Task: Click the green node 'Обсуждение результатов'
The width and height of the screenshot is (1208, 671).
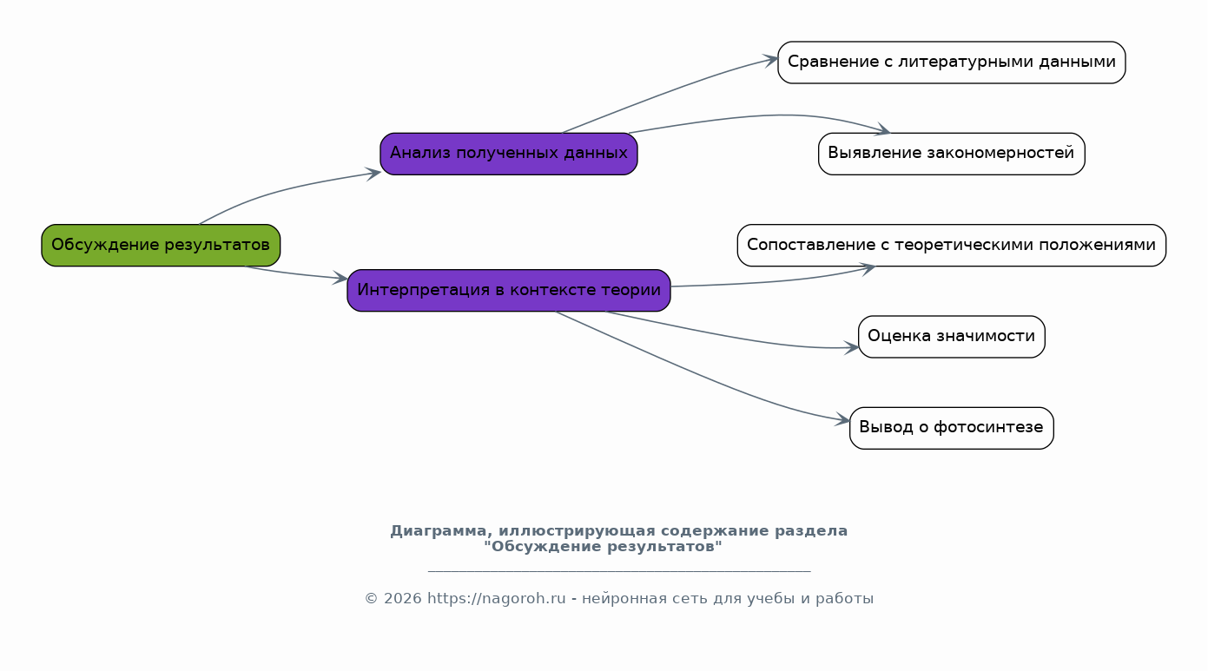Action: point(161,246)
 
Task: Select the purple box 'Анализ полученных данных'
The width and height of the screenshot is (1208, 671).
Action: point(509,154)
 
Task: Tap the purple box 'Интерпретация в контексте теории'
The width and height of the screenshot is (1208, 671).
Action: point(509,291)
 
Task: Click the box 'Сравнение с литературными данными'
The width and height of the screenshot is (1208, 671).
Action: point(951,62)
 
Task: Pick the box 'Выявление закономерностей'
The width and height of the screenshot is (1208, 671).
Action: point(951,154)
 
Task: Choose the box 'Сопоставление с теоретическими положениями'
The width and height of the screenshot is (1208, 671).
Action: point(951,246)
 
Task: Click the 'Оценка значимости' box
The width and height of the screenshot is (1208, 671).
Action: point(951,337)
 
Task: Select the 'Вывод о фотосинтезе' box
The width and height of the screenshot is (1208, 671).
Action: point(951,428)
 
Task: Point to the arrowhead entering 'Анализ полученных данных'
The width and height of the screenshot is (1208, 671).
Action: point(373,174)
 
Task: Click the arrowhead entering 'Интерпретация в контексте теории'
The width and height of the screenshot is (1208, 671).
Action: point(340,278)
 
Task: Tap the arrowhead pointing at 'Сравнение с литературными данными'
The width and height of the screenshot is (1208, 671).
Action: point(770,60)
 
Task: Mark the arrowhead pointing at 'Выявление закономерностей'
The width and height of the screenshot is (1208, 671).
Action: point(882,130)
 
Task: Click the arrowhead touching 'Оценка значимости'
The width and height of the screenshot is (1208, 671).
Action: point(851,348)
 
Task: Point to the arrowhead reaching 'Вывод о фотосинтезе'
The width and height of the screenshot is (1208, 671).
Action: point(842,420)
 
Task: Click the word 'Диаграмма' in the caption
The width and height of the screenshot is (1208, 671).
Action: point(439,531)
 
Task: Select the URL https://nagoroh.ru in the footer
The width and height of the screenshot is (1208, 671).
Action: point(496,598)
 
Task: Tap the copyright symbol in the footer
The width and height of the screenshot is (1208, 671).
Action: point(371,599)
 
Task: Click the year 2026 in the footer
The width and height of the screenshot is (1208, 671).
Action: point(402,598)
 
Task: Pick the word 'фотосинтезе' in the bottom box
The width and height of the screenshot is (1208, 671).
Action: point(988,427)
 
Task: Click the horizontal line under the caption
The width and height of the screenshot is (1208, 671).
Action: point(619,570)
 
